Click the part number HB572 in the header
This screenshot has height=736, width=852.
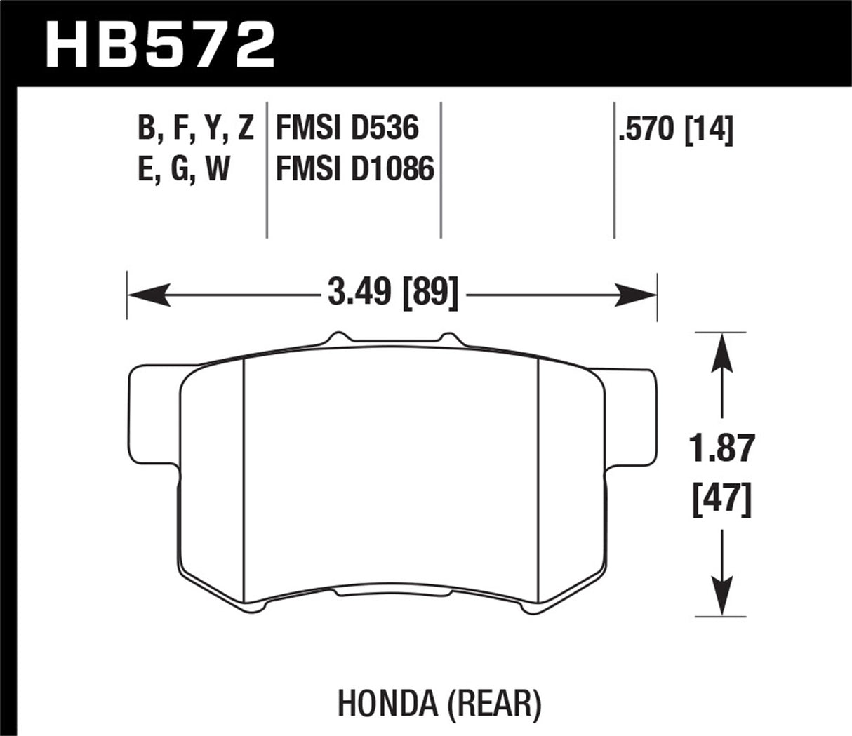pyautogui.click(x=159, y=43)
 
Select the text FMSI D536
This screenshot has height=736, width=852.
pyautogui.click(x=347, y=128)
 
